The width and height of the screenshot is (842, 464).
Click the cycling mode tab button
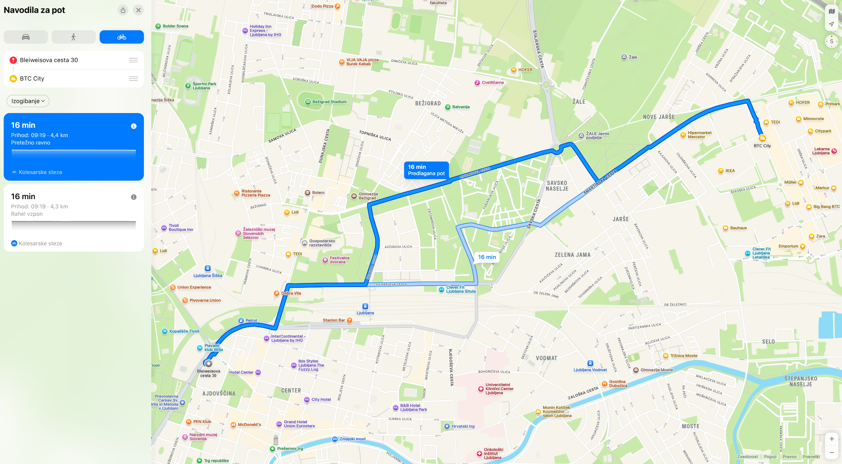point(121,37)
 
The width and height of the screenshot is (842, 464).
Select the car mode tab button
point(26,37)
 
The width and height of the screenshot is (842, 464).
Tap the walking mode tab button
point(73,37)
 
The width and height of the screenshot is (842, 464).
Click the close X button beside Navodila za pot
point(138,10)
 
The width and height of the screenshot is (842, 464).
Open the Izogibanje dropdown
point(28,101)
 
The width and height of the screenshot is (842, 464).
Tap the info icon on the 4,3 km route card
point(134,197)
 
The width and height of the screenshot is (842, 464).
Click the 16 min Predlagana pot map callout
point(426,170)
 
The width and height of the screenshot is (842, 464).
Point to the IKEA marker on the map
point(721,171)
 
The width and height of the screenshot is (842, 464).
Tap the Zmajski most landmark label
point(352,439)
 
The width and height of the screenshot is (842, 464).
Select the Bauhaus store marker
point(725,228)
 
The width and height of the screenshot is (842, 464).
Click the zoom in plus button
point(832,439)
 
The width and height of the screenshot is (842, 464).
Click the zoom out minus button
point(832,452)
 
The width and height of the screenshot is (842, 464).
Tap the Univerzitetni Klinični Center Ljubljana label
point(499,389)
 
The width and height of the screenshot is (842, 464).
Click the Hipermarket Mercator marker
point(683,135)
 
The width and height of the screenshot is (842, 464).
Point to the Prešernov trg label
point(290,448)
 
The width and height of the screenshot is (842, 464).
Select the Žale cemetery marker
point(624,57)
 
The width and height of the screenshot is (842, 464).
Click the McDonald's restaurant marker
point(233,425)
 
